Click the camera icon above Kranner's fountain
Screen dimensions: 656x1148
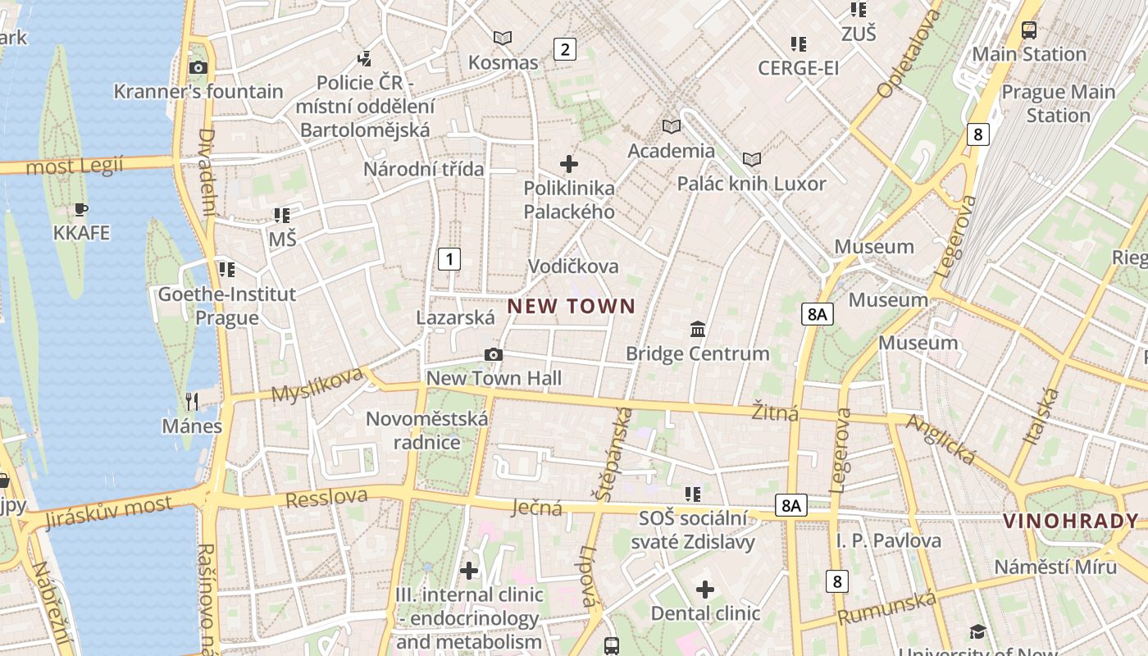tap(198, 68)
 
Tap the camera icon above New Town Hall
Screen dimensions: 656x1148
tap(493, 354)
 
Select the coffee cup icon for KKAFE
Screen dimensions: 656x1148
tap(80, 209)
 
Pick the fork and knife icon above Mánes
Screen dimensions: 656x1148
tap(192, 401)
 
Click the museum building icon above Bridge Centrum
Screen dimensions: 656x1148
tap(698, 329)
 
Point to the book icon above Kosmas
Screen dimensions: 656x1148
tap(503, 38)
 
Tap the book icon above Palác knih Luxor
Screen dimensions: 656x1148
tap(751, 159)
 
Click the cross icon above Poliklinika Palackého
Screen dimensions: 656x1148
tap(568, 164)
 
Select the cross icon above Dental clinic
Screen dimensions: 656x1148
tap(705, 589)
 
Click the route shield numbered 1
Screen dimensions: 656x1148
tap(449, 259)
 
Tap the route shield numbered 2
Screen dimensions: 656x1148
tap(564, 49)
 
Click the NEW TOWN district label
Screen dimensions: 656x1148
tap(572, 307)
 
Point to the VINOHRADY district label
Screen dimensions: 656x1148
tap(1071, 521)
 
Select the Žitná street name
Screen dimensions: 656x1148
tap(775, 412)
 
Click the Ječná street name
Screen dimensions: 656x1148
tap(537, 508)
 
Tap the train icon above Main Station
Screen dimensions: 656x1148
tap(1028, 30)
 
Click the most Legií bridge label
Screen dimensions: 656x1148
tap(75, 166)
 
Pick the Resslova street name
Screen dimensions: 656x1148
tap(326, 497)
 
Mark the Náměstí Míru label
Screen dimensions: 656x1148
tap(1055, 567)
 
